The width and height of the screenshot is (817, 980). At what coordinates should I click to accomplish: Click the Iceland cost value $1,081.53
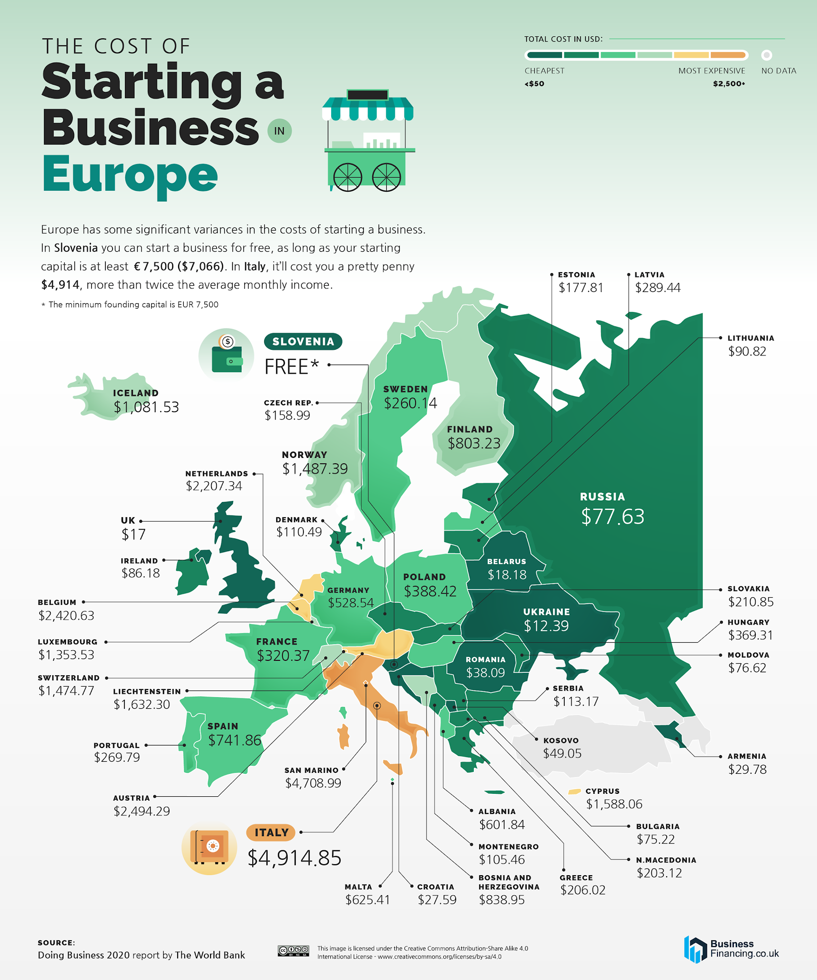[146, 407]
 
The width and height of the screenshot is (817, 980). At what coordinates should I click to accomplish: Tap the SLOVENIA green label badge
[303, 342]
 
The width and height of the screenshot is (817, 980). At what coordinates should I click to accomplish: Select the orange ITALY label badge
[270, 833]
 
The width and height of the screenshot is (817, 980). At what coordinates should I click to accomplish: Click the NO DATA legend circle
[766, 55]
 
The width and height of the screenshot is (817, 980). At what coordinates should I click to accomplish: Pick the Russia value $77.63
[613, 517]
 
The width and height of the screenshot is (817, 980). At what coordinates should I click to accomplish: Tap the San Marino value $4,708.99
[313, 783]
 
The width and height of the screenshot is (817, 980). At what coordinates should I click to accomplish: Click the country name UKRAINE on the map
[546, 612]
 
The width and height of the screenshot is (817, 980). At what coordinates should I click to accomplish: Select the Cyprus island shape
[574, 792]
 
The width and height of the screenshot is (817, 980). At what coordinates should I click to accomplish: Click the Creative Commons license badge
[293, 951]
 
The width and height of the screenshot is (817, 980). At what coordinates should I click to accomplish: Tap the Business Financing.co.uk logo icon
[695, 949]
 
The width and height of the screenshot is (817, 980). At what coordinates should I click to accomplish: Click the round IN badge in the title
[279, 131]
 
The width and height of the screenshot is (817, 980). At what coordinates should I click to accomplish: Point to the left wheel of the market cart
[347, 177]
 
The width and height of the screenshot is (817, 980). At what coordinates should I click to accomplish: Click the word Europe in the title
[130, 175]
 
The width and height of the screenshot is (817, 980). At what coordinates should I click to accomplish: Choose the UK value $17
[133, 535]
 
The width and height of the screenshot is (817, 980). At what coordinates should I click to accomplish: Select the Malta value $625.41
[368, 900]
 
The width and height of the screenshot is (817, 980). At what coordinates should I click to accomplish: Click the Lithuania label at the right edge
[750, 338]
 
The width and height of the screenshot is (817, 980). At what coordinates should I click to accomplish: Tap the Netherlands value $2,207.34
[214, 486]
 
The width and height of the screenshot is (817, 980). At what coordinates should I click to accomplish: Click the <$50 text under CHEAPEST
[534, 84]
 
